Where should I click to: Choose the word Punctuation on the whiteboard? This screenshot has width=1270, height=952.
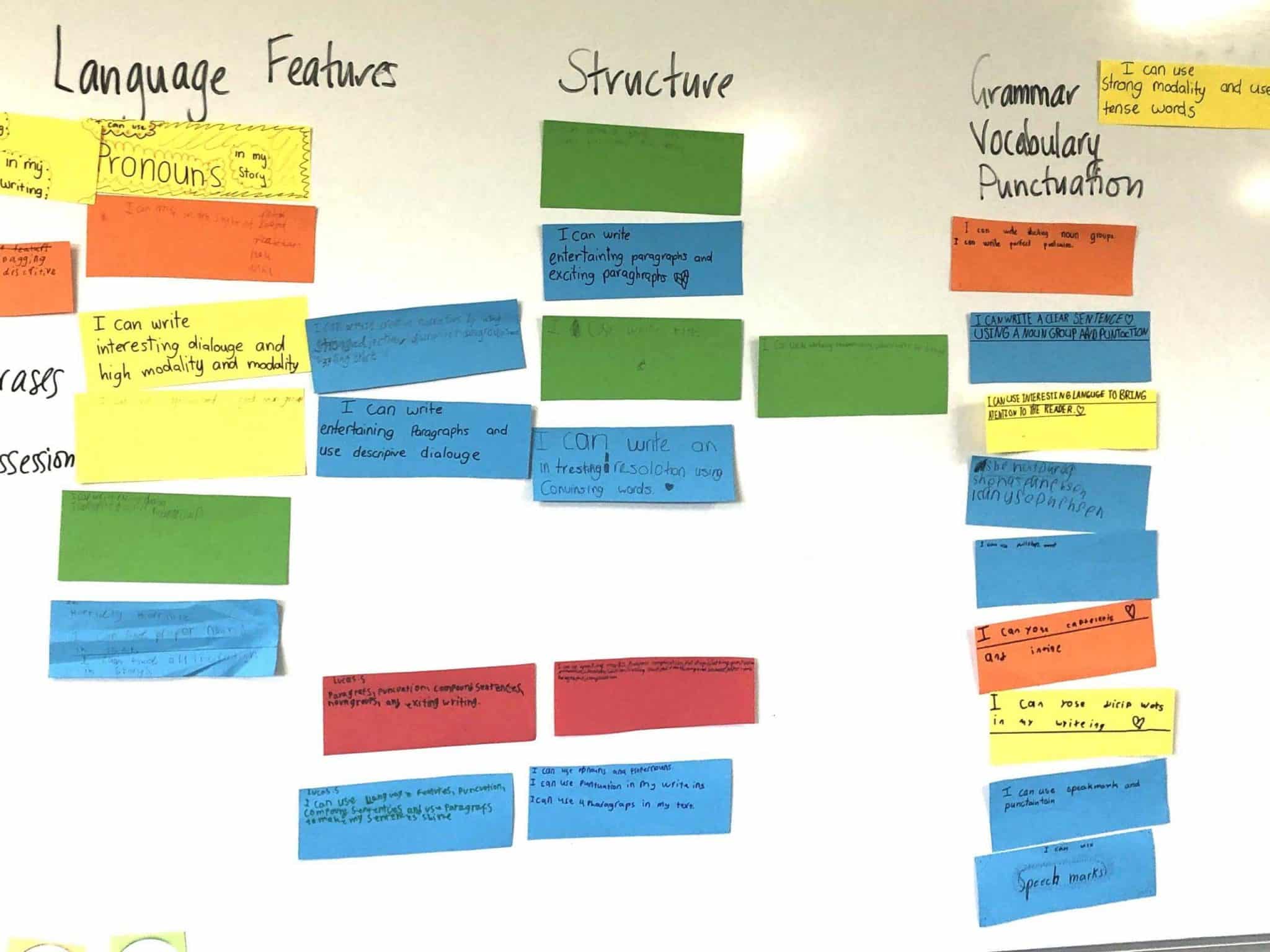pyautogui.click(x=1060, y=182)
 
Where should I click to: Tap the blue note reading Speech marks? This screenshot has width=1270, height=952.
pyautogui.click(x=1064, y=878)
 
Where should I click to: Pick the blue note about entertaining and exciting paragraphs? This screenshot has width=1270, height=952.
pyautogui.click(x=641, y=260)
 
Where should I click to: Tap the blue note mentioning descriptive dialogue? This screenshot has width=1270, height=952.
pyautogui.click(x=423, y=438)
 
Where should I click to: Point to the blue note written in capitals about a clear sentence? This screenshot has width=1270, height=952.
pyautogui.click(x=1059, y=346)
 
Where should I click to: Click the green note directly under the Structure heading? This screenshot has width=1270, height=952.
pyautogui.click(x=641, y=165)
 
